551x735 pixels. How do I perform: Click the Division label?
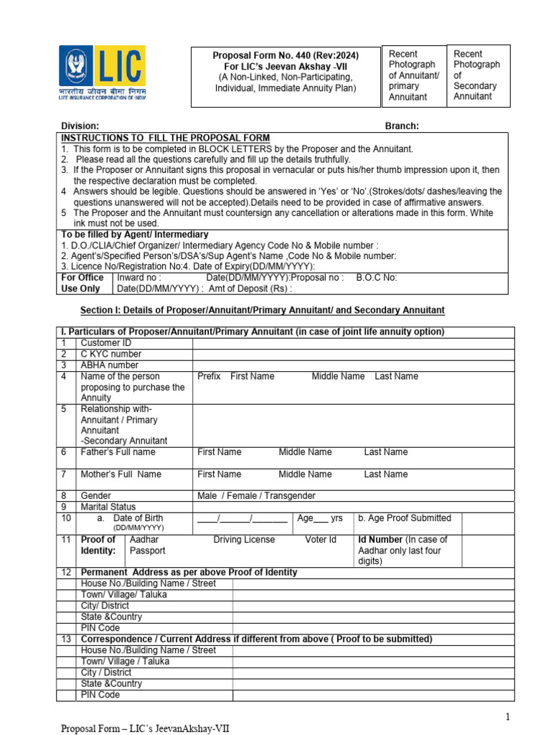(x=80, y=126)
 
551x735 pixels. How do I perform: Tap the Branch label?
(x=402, y=126)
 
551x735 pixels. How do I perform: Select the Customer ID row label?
(x=106, y=343)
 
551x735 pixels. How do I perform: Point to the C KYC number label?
(x=111, y=354)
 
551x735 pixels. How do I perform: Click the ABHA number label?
(x=110, y=365)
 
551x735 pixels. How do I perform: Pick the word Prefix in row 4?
(x=209, y=376)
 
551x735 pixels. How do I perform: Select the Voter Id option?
(x=321, y=539)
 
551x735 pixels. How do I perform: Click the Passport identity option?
(x=147, y=551)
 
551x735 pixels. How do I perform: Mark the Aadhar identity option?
(x=144, y=539)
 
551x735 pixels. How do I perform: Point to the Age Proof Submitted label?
(x=405, y=518)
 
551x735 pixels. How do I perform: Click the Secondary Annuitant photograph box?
(x=478, y=75)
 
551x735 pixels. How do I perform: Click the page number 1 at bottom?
(x=507, y=717)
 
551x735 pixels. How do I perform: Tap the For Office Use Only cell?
(x=84, y=283)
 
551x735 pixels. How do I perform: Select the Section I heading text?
(x=262, y=310)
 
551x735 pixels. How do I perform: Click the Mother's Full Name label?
(x=121, y=474)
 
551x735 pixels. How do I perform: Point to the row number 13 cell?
(x=66, y=639)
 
